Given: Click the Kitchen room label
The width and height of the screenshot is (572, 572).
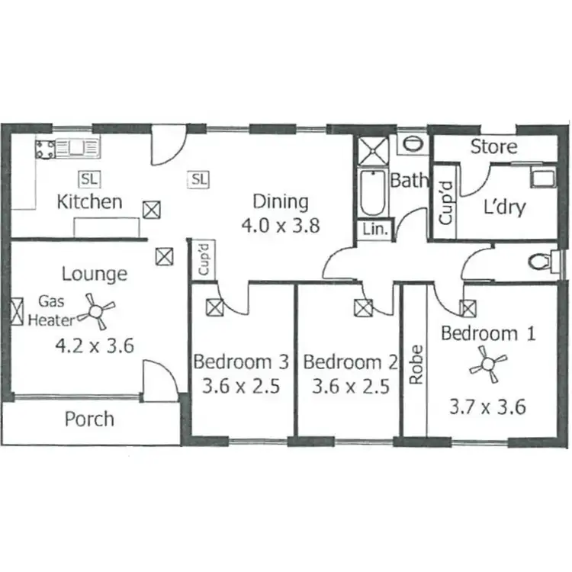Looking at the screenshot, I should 90,202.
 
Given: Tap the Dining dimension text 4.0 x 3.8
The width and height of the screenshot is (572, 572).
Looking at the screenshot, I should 280,226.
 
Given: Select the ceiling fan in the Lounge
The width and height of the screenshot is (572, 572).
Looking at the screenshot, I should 98,310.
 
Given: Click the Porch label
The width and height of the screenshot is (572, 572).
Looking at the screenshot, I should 89,419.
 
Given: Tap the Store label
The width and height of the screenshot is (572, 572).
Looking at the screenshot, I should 493,146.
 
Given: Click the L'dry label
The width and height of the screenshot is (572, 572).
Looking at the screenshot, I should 504,207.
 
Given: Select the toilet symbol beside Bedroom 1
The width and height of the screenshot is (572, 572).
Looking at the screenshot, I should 542,262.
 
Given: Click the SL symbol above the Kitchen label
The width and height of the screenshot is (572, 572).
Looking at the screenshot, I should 89,180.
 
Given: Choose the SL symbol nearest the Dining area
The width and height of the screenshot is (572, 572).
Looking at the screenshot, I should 198,180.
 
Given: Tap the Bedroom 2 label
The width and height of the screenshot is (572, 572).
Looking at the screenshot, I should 350,361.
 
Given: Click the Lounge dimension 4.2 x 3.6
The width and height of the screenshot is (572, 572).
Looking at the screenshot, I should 95,345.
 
